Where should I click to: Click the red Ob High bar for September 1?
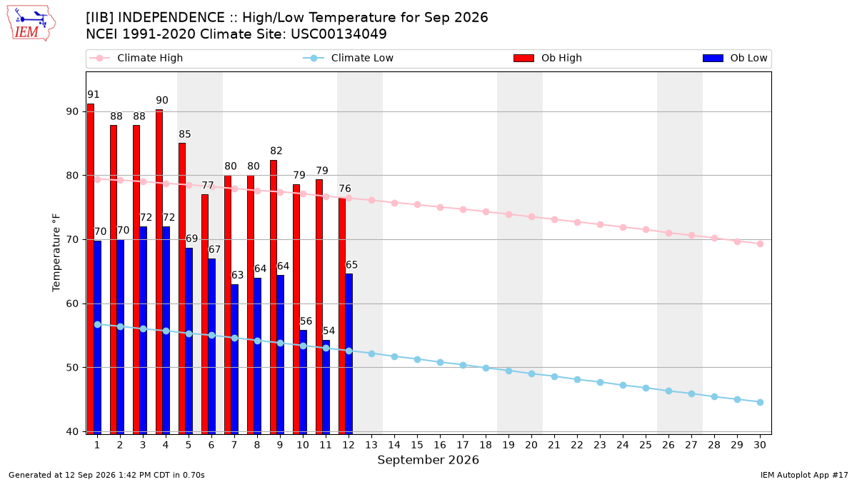click(91, 269)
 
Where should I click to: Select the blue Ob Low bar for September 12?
click(349, 354)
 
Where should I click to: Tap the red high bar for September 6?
click(205, 314)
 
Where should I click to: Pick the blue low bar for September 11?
click(326, 387)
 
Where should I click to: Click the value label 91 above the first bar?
click(94, 94)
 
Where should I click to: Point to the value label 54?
click(329, 331)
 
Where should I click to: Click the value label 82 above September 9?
click(276, 151)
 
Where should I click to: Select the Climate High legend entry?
click(136, 58)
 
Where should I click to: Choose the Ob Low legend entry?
click(735, 58)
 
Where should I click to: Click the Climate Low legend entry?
click(349, 58)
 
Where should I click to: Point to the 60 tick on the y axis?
click(71, 303)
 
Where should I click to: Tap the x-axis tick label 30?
click(760, 445)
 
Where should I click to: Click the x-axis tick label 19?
click(508, 445)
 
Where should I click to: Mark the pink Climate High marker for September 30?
click(760, 243)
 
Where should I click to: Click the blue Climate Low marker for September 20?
click(531, 373)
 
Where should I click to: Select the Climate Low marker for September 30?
click(760, 402)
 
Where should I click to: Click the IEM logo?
click(31, 24)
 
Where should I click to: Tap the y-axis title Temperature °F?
click(56, 253)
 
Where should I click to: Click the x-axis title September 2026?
click(428, 460)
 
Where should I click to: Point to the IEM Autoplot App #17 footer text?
click(804, 475)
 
